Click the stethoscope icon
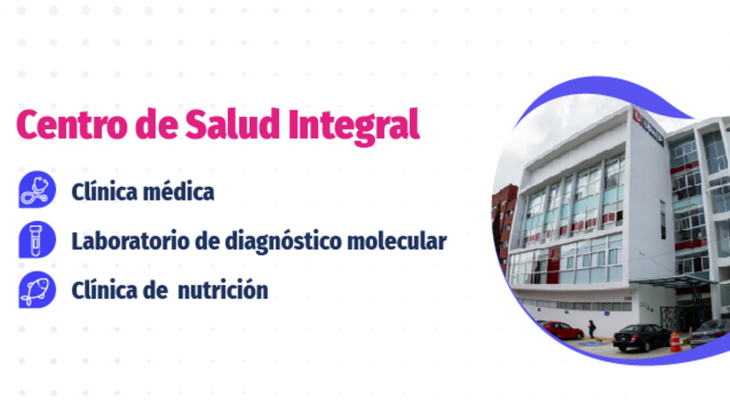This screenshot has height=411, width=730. tap(37, 191)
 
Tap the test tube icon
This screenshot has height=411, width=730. tap(37, 240)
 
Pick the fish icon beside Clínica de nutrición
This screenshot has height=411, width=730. tap(37, 289)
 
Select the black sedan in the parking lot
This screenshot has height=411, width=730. tap(641, 337)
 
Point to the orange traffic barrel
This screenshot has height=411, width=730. tap(676, 342)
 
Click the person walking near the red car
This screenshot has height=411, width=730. tap(592, 328)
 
